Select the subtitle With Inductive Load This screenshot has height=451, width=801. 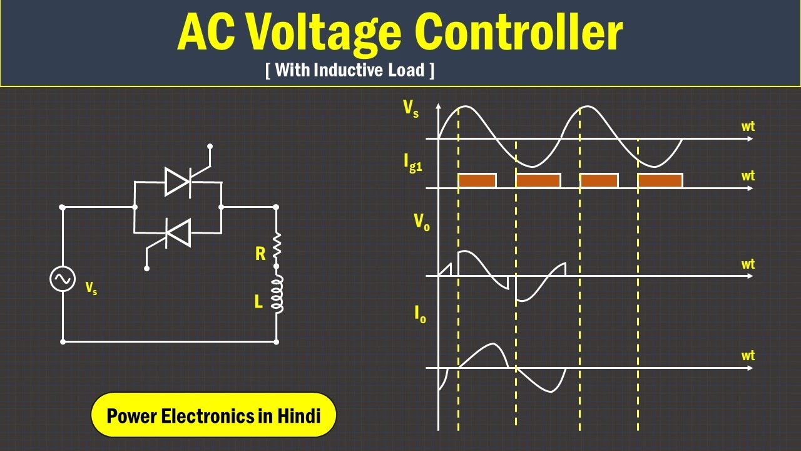coord(350,70)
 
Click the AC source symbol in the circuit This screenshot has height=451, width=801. coord(63,279)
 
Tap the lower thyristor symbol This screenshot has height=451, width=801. coord(177,233)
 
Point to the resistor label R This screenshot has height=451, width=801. coord(260,254)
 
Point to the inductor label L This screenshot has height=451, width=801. coord(258,302)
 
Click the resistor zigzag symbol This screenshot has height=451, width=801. coord(277,246)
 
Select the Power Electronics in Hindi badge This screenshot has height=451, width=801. coord(213,415)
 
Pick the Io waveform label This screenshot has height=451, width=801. coord(420,314)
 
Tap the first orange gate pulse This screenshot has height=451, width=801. coord(477,180)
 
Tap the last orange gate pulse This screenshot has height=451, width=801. coord(660,180)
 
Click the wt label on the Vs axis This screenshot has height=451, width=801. coord(748,127)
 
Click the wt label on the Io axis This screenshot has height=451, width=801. coord(748,356)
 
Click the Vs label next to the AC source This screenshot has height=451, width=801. coord(91,288)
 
